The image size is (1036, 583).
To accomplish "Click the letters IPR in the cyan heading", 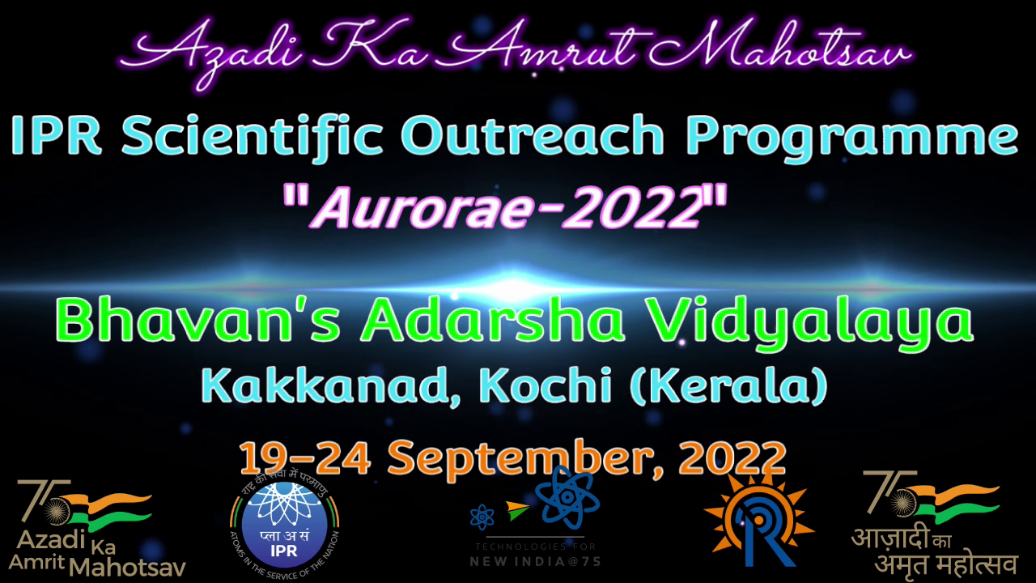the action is (x=56, y=134).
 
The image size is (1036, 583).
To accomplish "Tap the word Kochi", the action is (x=546, y=385).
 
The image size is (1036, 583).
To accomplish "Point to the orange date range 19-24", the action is (x=305, y=458).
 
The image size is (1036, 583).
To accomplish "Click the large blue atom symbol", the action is (x=567, y=498).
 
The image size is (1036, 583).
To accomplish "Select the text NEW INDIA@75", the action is (x=535, y=562).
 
